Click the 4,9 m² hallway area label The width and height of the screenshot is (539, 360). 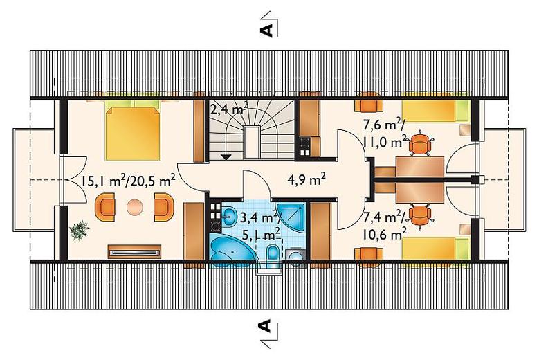point(306,180)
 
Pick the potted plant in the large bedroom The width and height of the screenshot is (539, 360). point(79,230)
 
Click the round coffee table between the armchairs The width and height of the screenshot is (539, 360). point(134,207)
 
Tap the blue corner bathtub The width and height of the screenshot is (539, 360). point(232,251)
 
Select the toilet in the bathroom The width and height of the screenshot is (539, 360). point(273,255)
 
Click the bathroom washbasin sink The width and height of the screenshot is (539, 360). point(228,217)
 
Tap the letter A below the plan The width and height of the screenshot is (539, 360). point(266,325)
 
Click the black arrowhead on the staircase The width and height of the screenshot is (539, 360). point(226,156)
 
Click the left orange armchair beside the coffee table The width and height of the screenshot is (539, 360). point(105,207)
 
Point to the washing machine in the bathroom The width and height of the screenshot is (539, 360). point(295,257)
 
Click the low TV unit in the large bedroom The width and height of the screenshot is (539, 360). point(134,251)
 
